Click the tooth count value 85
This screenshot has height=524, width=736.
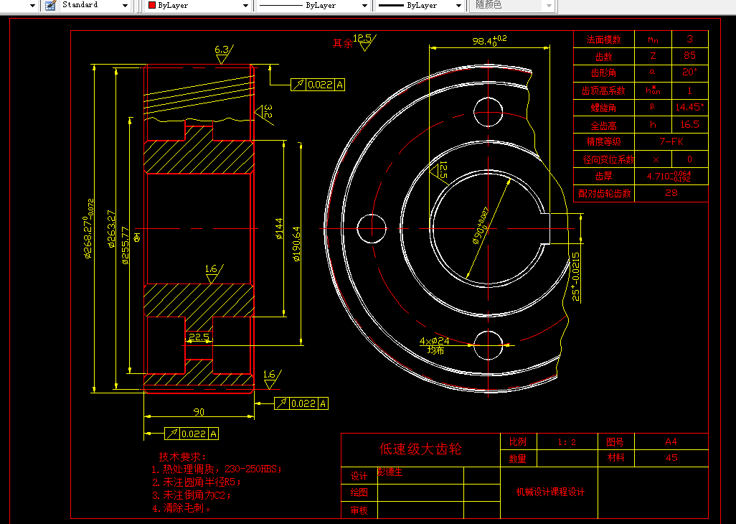click(x=689, y=56)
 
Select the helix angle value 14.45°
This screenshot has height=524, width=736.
click(x=689, y=107)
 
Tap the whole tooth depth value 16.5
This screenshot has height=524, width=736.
click(x=689, y=124)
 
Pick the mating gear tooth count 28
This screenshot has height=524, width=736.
click(x=671, y=192)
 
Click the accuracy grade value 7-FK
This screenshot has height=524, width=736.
click(x=671, y=141)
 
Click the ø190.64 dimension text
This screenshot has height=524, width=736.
click(x=297, y=244)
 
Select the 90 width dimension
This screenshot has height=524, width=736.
click(x=199, y=411)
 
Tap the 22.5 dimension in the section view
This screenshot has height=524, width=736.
click(x=199, y=336)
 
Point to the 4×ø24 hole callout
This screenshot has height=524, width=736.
click(x=435, y=341)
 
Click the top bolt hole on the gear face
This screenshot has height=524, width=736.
click(x=488, y=110)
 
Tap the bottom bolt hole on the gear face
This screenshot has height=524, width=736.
click(x=488, y=345)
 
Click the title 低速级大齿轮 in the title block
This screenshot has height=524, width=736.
click(x=420, y=449)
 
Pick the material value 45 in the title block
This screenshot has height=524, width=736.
click(x=671, y=458)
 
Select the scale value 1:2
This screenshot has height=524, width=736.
click(x=567, y=442)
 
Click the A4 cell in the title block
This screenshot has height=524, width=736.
click(x=671, y=441)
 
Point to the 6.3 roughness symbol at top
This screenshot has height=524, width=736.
click(x=222, y=50)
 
